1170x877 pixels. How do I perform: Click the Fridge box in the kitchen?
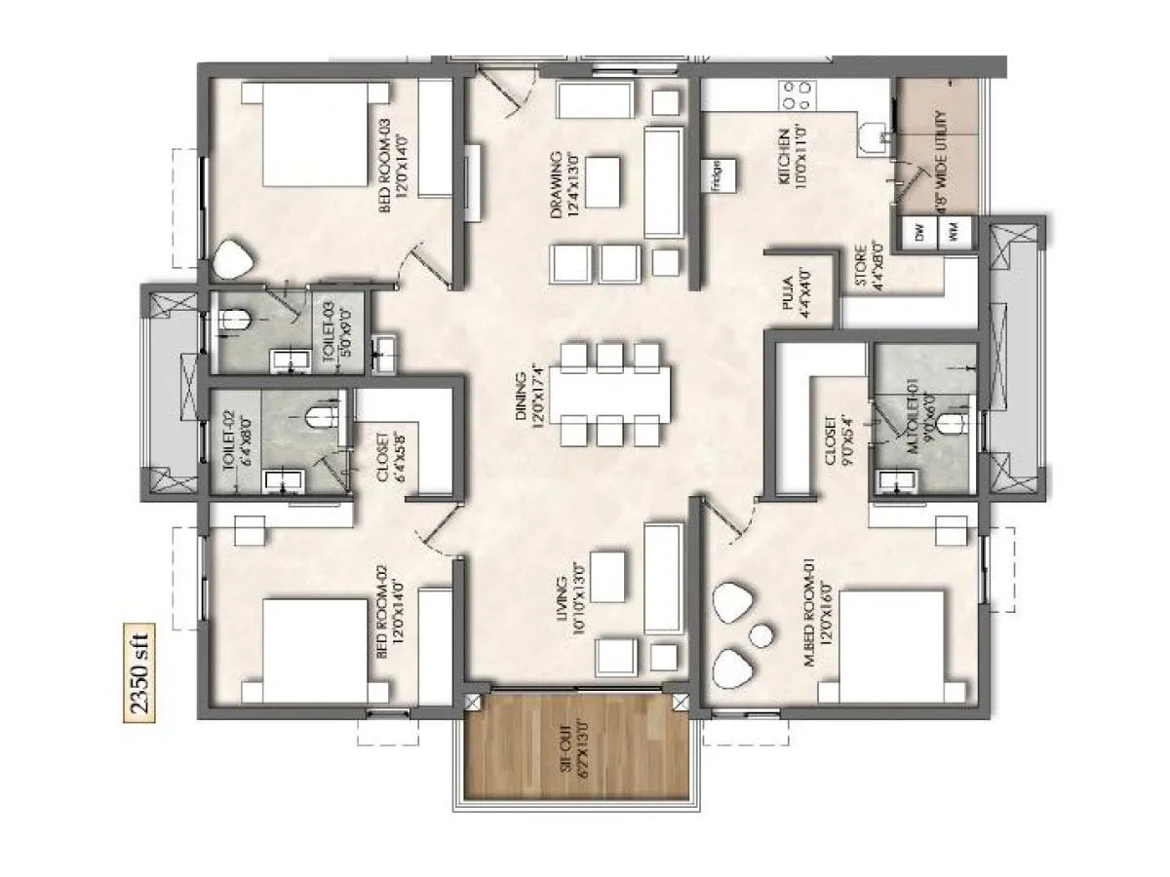(x=717, y=178)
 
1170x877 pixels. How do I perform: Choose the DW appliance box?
(x=918, y=234)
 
